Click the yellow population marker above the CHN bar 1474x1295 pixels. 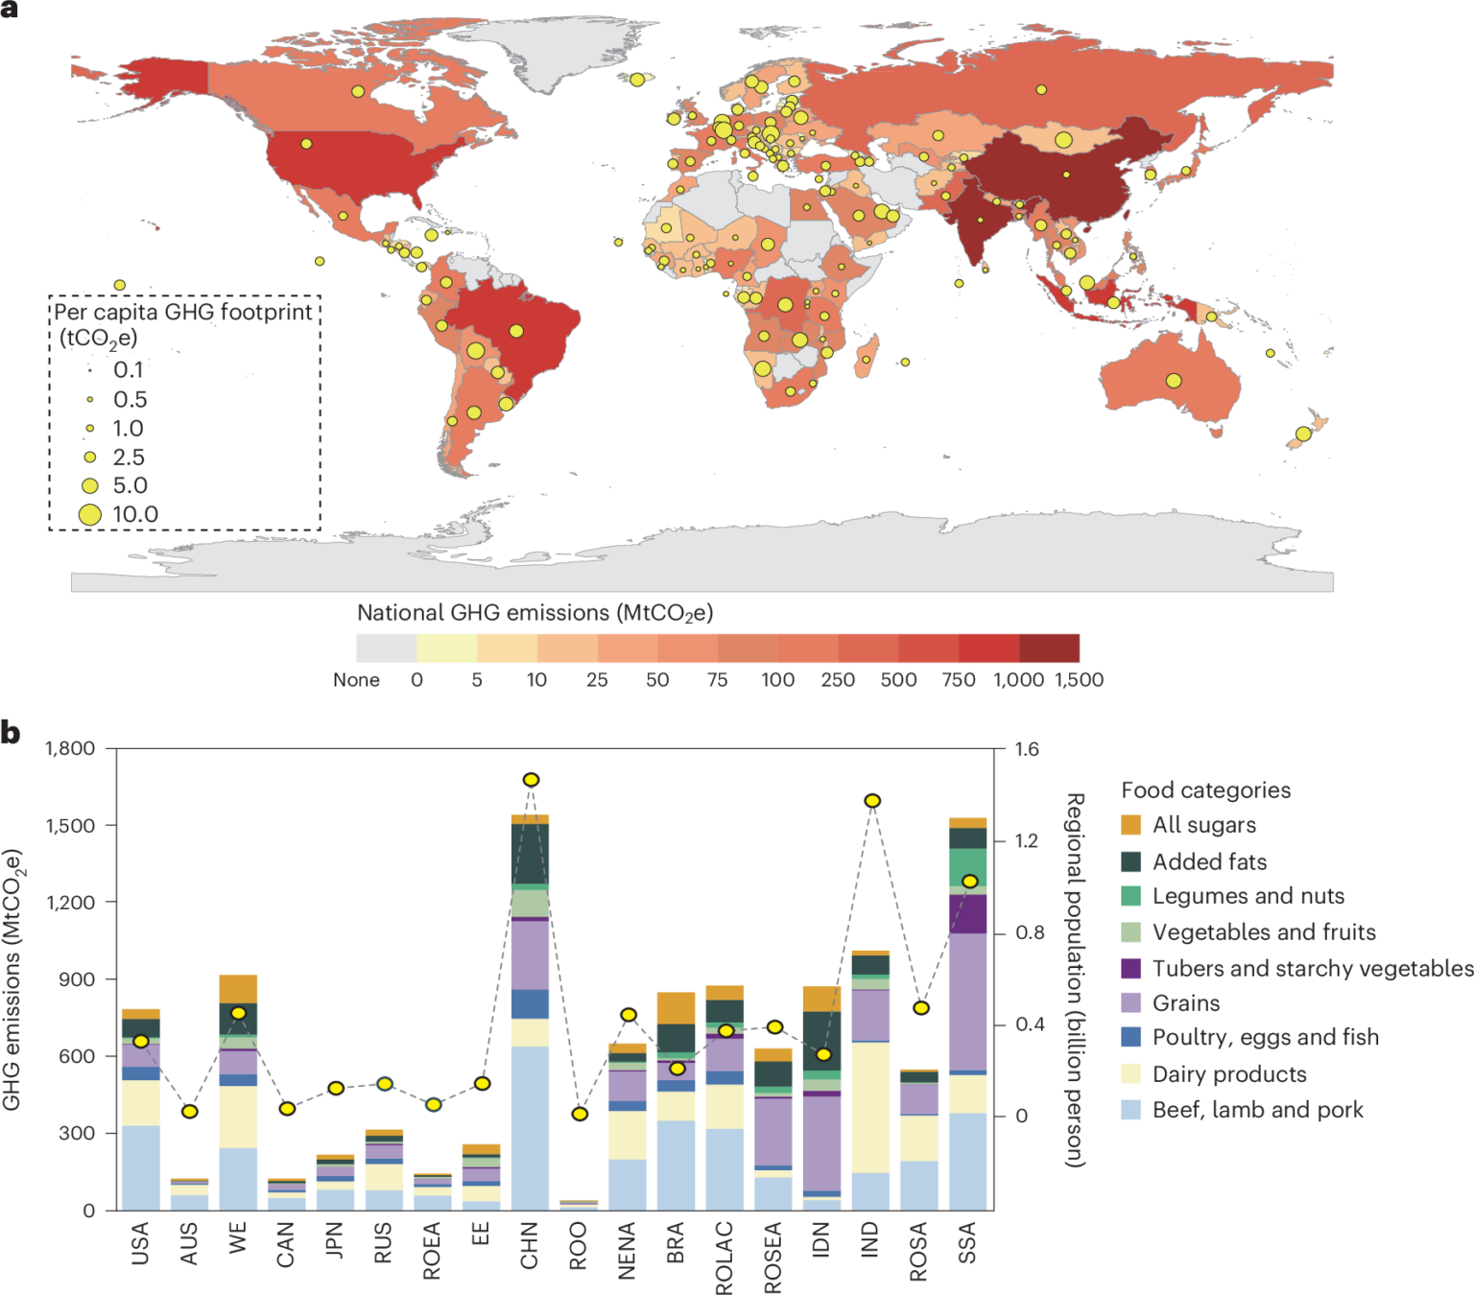531,780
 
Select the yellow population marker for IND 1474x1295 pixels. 872,801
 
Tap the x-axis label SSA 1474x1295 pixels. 967,1243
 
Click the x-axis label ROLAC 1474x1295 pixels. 725,1257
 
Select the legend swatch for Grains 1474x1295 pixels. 1131,1003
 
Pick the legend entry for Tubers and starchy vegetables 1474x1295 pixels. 1312,969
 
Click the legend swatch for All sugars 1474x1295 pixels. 1131,825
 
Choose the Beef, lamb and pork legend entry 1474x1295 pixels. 1257,1110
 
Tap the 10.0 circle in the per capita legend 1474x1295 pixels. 90,515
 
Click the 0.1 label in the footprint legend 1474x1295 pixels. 129,370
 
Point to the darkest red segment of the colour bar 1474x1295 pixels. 1049,648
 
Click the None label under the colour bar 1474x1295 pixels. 356,680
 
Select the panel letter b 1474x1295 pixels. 11,733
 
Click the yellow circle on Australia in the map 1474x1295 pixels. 1174,381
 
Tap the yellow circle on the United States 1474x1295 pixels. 306,144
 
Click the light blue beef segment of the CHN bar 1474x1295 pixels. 531,1127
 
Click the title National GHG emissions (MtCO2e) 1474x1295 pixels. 535,613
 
